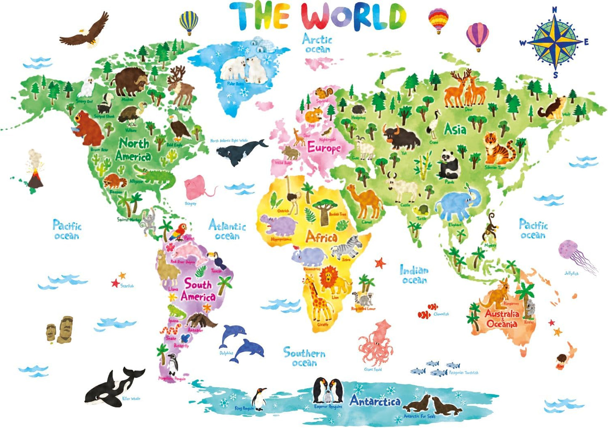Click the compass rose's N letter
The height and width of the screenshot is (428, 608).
(x=555, y=10)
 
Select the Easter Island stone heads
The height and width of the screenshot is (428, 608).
(x=60, y=330)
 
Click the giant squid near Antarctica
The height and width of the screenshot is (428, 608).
(x=376, y=342)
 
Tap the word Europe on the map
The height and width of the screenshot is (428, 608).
(x=324, y=148)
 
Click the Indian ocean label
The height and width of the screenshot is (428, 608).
(x=414, y=275)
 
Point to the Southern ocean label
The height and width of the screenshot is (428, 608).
(x=304, y=357)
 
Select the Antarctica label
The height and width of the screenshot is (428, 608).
(x=375, y=401)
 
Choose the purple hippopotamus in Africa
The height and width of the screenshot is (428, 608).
(x=278, y=226)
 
